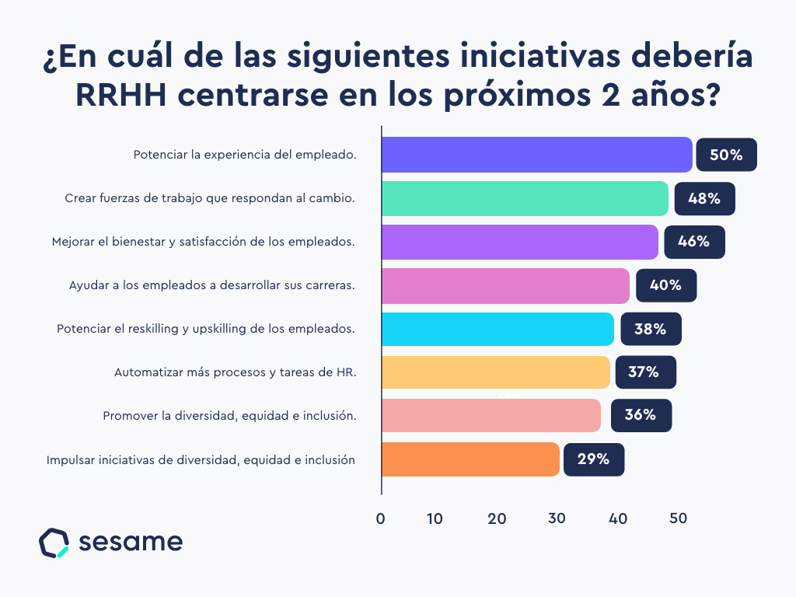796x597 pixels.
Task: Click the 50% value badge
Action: tap(726, 155)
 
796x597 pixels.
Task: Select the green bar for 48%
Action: tap(525, 198)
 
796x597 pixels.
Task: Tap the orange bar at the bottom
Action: tap(470, 459)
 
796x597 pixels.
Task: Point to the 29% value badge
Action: tap(593, 459)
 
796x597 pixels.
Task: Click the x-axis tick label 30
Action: tap(556, 519)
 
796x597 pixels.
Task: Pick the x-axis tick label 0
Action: tap(381, 519)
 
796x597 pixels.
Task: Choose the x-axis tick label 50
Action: tap(678, 519)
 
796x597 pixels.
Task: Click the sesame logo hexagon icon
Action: tap(54, 543)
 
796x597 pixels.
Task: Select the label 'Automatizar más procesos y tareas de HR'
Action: tap(235, 372)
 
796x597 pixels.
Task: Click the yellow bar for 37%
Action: tap(496, 372)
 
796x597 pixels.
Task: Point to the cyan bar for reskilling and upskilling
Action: tap(497, 329)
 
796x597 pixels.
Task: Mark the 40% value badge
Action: tap(665, 285)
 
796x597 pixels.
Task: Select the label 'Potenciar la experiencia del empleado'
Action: tap(244, 155)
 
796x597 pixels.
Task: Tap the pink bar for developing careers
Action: tap(505, 285)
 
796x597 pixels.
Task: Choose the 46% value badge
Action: tap(693, 242)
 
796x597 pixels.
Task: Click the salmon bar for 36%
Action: tap(491, 416)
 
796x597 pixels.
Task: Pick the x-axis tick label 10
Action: tap(435, 519)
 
